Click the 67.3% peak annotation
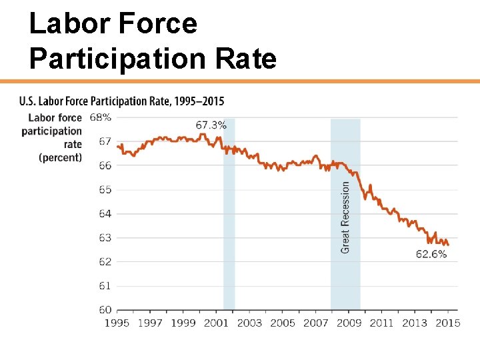(x=211, y=125)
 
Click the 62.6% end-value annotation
(x=431, y=254)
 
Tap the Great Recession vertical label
(x=345, y=217)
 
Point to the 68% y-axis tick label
(x=101, y=117)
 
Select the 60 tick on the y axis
(x=105, y=309)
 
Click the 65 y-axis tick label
(x=105, y=189)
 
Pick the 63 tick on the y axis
(x=105, y=237)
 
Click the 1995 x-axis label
(x=117, y=323)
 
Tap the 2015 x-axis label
(x=447, y=323)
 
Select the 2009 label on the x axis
(x=349, y=323)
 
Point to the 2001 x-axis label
(x=217, y=323)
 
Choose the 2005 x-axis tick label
(x=283, y=323)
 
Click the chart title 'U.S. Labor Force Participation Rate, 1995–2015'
(x=122, y=101)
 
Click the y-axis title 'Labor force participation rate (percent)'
(x=53, y=137)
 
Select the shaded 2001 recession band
(x=229, y=213)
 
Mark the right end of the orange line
(x=448, y=245)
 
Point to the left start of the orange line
(x=117, y=146)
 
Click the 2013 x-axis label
(x=415, y=323)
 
